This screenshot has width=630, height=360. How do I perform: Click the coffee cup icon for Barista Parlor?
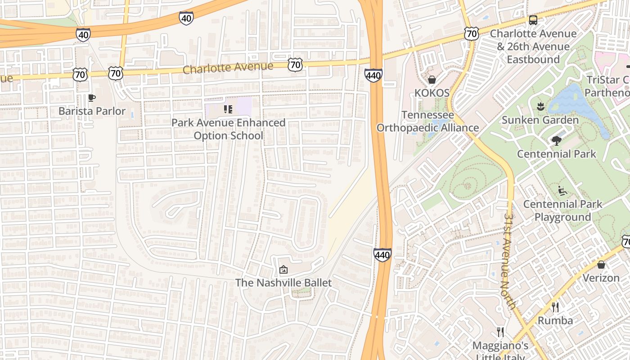pos(92,98)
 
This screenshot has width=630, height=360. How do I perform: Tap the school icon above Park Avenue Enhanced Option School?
pos(228,109)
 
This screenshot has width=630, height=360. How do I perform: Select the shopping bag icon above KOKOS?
pos(432,80)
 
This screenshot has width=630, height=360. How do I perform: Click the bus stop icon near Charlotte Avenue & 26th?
pos(533,20)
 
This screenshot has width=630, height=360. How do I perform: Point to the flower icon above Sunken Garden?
pos(540,107)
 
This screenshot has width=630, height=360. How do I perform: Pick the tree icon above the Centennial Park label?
pos(557,140)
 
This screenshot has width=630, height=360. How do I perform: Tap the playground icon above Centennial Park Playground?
pos(562,191)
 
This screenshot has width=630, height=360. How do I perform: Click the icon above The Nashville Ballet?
pos(283,270)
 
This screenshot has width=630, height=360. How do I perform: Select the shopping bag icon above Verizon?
pos(601,265)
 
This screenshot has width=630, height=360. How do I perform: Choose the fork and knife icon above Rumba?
pos(555,307)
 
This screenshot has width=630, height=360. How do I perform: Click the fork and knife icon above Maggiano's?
pos(500,333)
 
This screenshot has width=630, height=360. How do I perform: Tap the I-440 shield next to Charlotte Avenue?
pos(373,76)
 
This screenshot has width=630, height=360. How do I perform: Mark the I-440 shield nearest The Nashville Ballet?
pos(382,255)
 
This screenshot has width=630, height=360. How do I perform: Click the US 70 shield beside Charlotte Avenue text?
pos(295,65)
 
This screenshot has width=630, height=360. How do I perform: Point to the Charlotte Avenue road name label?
pos(228,68)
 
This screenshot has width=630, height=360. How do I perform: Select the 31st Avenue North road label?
pos(510,261)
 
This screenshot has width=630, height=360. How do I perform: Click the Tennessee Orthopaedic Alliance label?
pos(427,121)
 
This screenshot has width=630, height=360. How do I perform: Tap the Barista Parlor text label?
pos(92,111)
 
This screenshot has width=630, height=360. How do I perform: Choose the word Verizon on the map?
pos(601,278)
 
